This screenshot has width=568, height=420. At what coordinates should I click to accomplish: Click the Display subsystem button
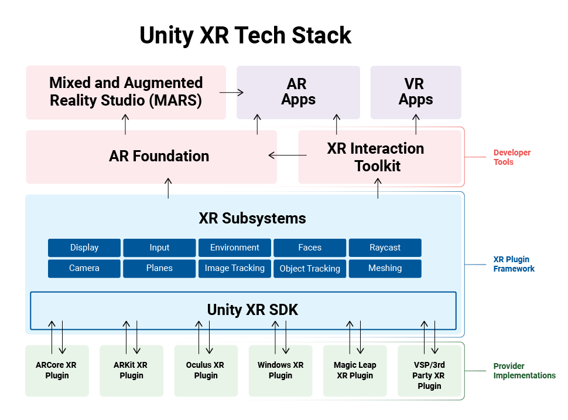point(84,248)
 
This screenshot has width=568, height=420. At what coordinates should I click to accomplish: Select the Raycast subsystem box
point(385,248)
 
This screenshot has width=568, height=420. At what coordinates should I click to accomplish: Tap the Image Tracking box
point(234,268)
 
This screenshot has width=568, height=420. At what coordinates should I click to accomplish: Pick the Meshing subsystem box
point(385,268)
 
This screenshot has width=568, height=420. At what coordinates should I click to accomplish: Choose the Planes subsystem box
point(159,268)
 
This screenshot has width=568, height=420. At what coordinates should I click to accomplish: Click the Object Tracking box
point(310,269)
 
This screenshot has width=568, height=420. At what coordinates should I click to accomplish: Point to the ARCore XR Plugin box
point(57,370)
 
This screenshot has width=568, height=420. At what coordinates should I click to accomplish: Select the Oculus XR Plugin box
point(206,370)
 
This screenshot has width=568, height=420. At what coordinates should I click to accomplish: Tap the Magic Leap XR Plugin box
point(355,370)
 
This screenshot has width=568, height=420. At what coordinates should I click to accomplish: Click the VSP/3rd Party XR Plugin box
point(429,375)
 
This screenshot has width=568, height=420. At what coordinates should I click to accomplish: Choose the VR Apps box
point(415,92)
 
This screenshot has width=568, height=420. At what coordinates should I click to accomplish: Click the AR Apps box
point(298,92)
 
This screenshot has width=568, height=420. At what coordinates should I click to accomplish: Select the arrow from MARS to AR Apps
point(231,92)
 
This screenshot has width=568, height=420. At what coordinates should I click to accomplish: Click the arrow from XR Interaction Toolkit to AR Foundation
point(288,155)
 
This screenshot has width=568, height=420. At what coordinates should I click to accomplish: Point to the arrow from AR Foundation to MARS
point(125,124)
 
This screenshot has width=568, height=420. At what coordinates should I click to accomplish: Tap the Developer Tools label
point(512,157)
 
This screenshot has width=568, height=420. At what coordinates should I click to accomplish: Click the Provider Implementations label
point(524,371)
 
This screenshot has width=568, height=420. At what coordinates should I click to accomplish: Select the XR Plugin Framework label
point(514,264)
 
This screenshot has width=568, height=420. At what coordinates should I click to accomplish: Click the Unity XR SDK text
point(252,310)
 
